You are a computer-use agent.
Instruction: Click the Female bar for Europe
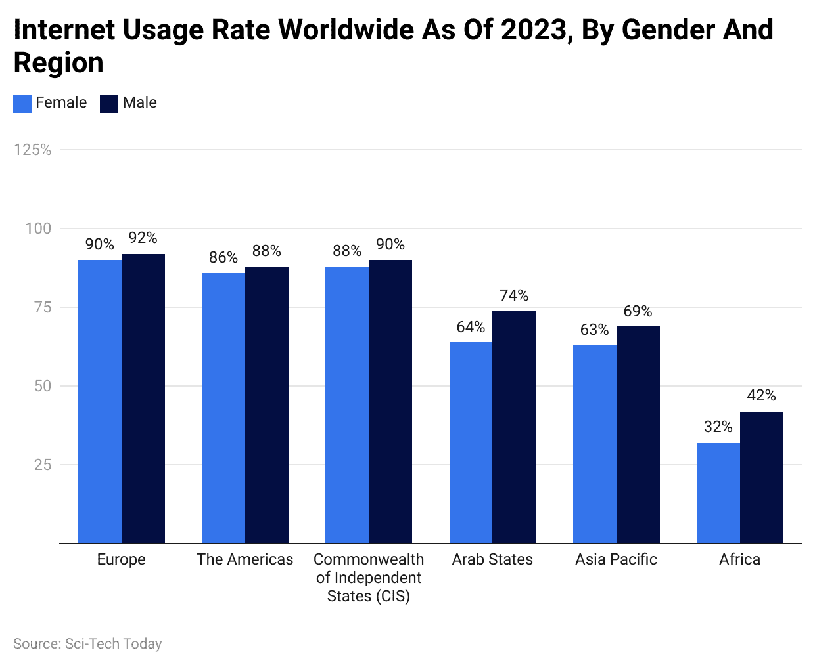tap(100, 401)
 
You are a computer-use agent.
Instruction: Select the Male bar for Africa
tap(761, 477)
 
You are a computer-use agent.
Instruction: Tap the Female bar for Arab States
tap(471, 442)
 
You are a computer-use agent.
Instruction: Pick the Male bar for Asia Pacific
tap(638, 435)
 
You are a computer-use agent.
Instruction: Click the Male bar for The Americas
tap(266, 404)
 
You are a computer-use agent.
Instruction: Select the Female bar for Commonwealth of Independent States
tap(347, 404)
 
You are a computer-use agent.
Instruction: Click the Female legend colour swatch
tap(22, 104)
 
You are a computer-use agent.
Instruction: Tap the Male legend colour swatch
tap(109, 104)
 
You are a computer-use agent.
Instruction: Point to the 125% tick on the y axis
tap(33, 150)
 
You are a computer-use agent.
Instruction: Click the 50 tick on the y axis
tap(43, 386)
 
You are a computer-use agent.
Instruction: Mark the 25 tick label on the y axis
tap(43, 465)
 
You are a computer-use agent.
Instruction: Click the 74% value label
tap(514, 295)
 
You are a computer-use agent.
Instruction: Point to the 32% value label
tap(718, 427)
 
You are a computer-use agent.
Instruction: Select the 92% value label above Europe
tap(143, 238)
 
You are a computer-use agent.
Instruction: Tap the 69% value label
tap(638, 311)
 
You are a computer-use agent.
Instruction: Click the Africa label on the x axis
tap(739, 559)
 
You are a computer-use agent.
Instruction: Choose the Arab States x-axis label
tap(492, 559)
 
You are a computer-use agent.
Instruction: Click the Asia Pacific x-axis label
tap(616, 559)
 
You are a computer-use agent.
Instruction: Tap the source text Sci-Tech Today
tap(113, 644)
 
